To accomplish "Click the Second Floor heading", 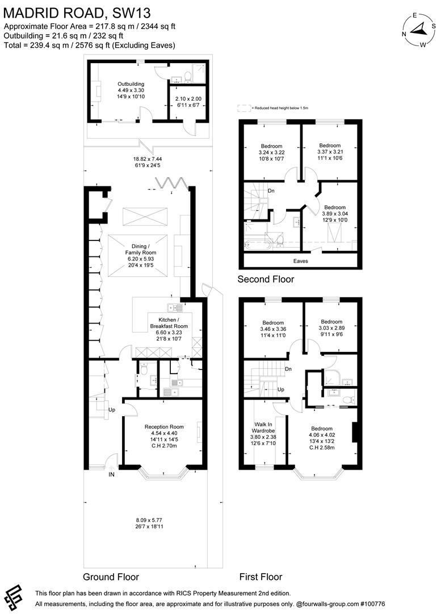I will coord(266,279).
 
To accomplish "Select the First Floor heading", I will coord(261,576).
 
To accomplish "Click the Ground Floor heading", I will coord(111,576).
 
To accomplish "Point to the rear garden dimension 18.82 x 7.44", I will coord(148,163).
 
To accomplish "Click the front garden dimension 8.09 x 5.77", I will coord(148,523).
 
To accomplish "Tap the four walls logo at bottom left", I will coord(15,596).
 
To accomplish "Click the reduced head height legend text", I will coord(276,107).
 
